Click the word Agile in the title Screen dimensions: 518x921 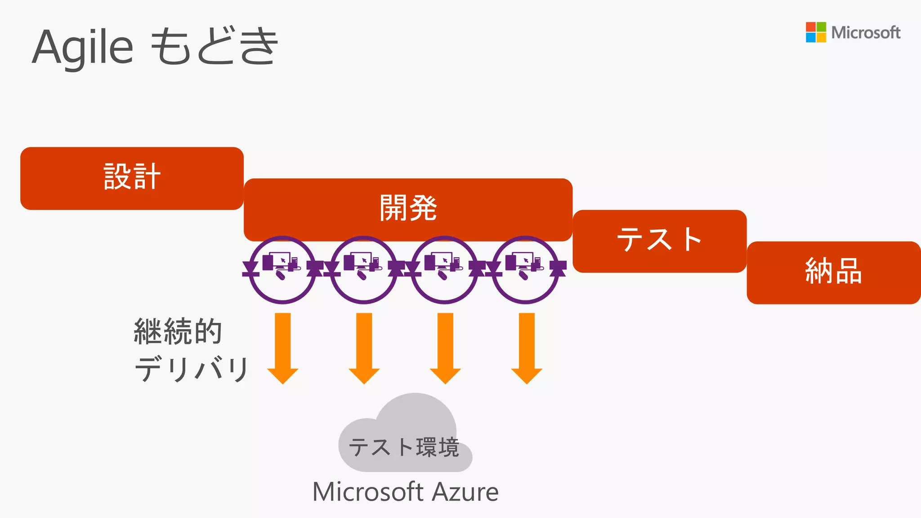pos(83,47)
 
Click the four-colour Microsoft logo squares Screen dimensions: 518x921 pos(815,32)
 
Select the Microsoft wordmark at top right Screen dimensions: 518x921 pos(865,33)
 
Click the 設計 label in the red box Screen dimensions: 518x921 pos(132,177)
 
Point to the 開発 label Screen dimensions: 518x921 pos(408,208)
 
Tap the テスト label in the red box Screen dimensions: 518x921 pos(659,240)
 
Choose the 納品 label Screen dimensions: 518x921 pos(833,271)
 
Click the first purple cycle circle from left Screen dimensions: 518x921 pos(282,270)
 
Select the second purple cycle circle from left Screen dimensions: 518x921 pos(363,270)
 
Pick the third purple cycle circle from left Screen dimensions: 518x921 pos(444,270)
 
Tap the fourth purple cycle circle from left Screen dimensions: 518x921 pos(525,270)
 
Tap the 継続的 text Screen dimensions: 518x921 pos(178,331)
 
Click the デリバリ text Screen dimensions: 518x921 pos(192,369)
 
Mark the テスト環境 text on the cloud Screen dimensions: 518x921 pos(404,447)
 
